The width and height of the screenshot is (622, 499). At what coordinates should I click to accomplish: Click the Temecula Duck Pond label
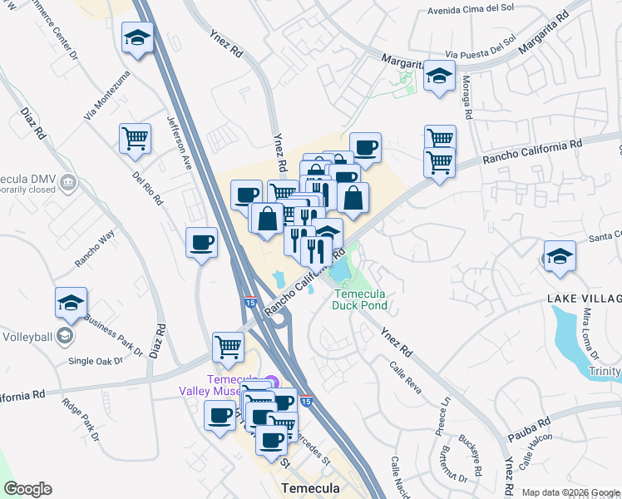tap(361, 299)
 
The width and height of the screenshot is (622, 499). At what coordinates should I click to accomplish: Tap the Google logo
tap(27, 489)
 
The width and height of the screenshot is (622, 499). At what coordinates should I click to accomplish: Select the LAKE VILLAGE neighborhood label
tap(584, 299)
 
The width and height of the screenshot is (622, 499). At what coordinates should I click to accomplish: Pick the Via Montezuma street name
tap(107, 96)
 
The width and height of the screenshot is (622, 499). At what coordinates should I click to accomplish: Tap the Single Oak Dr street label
tap(95, 361)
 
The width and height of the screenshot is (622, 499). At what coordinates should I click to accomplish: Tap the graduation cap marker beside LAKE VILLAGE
tap(560, 256)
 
